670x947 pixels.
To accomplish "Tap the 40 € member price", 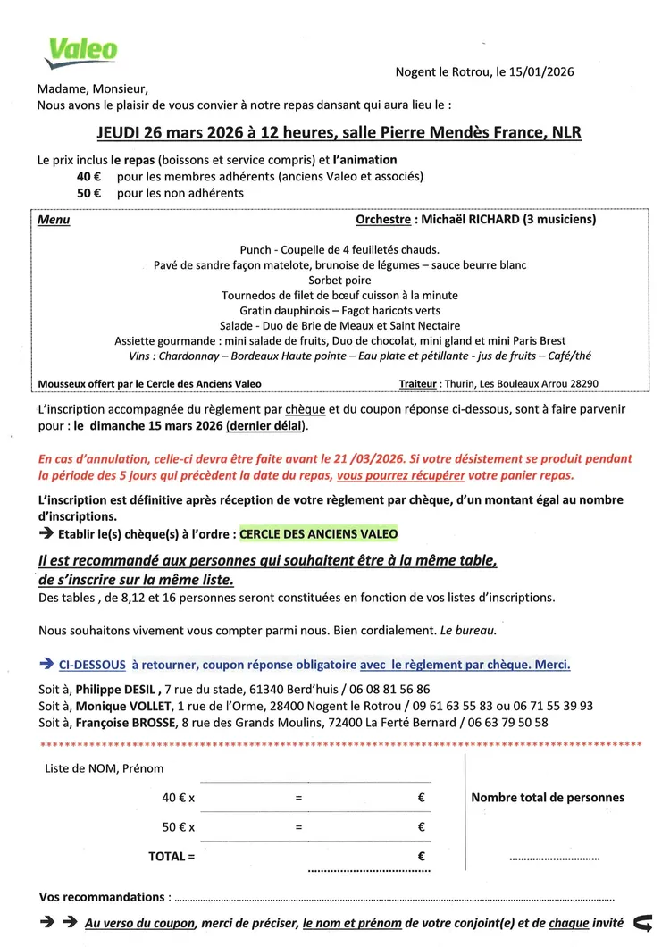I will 88,176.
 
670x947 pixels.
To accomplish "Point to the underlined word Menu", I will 54,220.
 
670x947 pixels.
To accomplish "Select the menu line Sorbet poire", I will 339,280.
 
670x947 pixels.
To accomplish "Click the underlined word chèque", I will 306,409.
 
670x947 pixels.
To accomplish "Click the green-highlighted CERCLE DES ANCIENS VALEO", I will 319,533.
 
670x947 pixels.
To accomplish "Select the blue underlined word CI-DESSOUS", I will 92,665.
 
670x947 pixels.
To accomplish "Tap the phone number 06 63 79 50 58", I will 512,722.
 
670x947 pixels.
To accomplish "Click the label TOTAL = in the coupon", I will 172,856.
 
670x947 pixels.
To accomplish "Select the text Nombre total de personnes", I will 548,798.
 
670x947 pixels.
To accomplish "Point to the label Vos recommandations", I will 103,896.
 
